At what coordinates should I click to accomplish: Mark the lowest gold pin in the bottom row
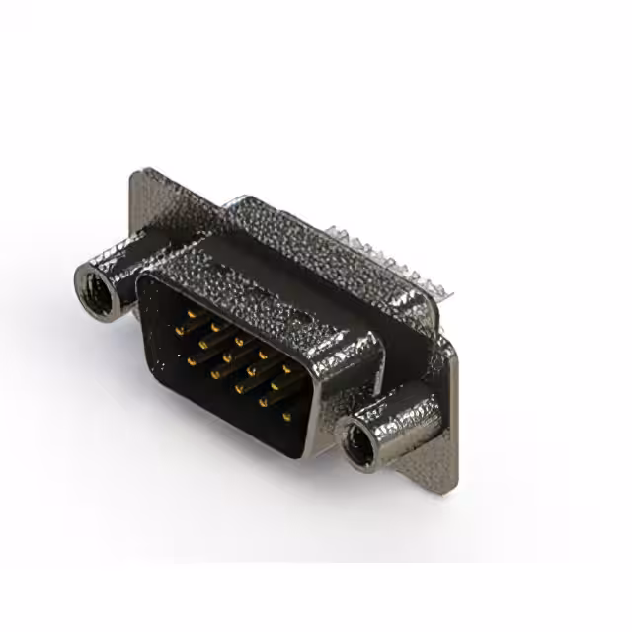tap(286, 417)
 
